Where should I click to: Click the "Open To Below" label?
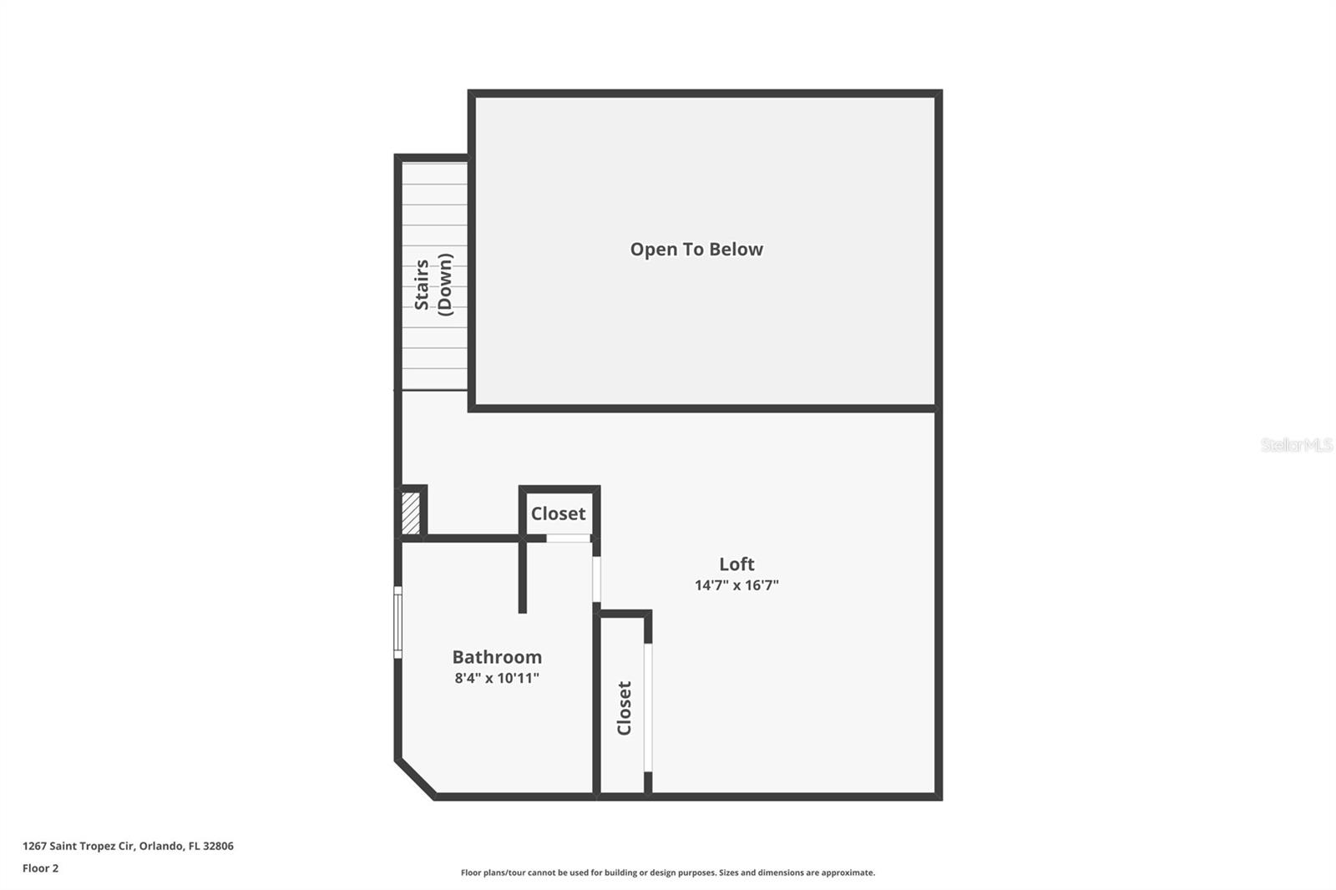[x=696, y=249]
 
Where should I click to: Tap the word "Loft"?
[x=736, y=564]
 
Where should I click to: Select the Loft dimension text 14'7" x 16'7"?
[x=736, y=585]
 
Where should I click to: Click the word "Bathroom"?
[x=497, y=657]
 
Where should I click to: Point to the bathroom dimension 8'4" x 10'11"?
[x=497, y=678]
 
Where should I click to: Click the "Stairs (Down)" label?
[x=433, y=285]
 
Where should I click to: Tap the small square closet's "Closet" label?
[x=558, y=513]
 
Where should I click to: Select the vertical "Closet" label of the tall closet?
[x=624, y=708]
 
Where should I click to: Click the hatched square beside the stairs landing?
[x=410, y=513]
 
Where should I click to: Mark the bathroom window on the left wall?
[x=398, y=622]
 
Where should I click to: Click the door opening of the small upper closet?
[x=568, y=539]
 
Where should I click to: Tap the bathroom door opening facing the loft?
[x=596, y=579]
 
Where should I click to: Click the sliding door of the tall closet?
[x=648, y=707]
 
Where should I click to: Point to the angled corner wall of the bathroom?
[x=416, y=778]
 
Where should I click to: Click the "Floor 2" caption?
[x=40, y=868]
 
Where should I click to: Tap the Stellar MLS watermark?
[x=1296, y=445]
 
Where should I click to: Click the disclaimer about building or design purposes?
[x=668, y=872]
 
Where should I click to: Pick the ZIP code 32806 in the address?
[x=219, y=846]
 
